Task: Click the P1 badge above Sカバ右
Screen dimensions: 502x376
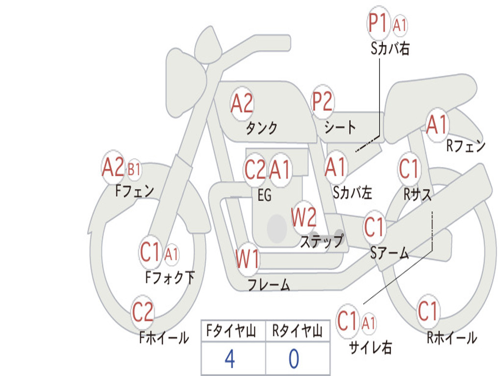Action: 378,23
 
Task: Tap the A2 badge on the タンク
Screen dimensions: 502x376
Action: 242,104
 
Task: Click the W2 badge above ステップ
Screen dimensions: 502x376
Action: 303,217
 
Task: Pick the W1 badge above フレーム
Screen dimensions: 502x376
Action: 247,258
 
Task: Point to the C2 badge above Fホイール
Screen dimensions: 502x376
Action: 143,312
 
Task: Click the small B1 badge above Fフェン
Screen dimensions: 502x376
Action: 134,170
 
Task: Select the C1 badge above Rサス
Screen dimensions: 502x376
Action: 409,169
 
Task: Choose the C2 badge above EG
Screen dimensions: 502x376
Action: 255,170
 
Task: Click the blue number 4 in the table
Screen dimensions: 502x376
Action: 229,359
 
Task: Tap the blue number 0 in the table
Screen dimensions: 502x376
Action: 294,359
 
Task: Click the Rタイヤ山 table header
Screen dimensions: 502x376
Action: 297,332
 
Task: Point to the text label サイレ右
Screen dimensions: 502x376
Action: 370,347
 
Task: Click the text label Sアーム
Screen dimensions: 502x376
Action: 389,253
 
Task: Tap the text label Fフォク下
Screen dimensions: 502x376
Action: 170,278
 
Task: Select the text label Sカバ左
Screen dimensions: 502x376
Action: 352,193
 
